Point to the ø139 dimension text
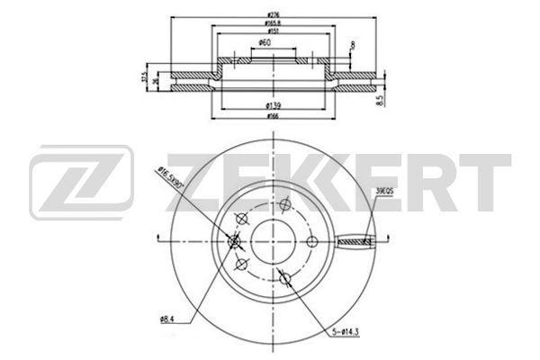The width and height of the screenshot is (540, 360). click(x=270, y=107)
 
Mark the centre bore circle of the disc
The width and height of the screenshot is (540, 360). click(x=270, y=239)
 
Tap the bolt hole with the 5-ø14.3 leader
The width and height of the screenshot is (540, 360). click(x=286, y=279)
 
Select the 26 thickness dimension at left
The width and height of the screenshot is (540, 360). click(x=157, y=82)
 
